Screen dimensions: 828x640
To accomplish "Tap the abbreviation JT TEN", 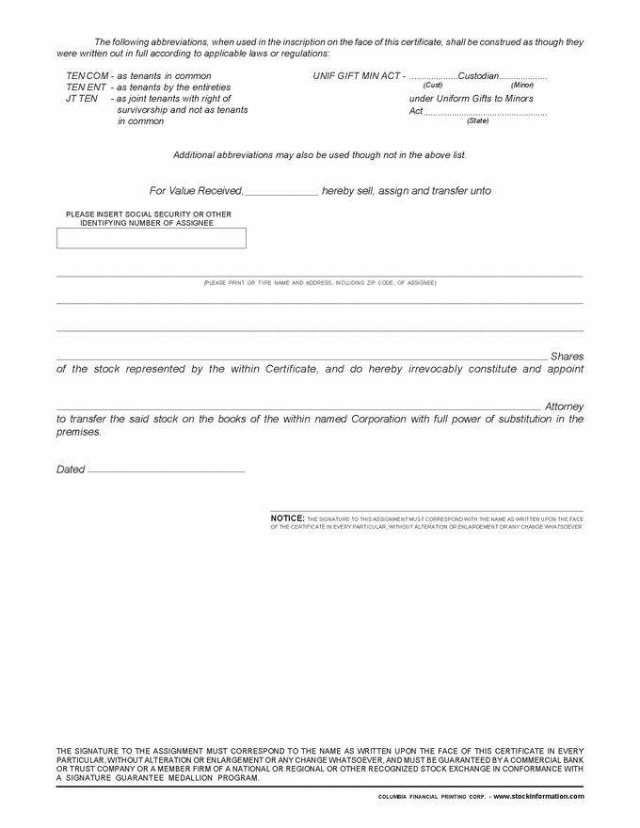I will point(82,98).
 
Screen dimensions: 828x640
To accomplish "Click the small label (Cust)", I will point(433,86).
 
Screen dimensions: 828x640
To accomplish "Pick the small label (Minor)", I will point(522,86).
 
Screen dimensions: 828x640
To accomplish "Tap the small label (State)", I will point(477,121).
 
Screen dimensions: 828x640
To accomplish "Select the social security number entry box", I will point(151,238).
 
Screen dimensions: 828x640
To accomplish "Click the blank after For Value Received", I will point(281,191).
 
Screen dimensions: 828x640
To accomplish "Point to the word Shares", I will point(567,357).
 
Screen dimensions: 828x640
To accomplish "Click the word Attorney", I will point(564,406).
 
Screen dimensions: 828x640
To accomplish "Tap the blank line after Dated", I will point(166,470).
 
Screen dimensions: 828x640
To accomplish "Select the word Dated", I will point(71,470).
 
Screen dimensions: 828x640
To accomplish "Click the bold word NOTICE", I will point(287,517).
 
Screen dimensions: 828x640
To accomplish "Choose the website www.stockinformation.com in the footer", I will point(538,796).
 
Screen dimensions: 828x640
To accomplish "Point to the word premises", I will point(78,432).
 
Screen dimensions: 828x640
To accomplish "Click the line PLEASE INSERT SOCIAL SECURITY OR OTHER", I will point(149,215).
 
